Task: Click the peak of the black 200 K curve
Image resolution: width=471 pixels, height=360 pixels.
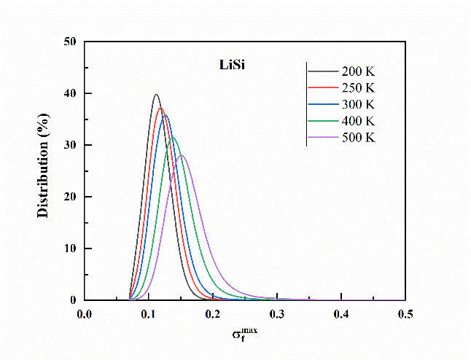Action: [156, 95]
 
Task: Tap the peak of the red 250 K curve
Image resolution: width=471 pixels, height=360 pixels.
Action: [160, 108]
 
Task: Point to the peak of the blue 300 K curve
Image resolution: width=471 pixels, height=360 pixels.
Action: [165, 115]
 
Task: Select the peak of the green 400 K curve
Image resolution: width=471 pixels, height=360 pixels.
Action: [173, 137]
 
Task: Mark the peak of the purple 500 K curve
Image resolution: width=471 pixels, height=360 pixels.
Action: [182, 154]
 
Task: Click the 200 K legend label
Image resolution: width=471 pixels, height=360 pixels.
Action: [358, 71]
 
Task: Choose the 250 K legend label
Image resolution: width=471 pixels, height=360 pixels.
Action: [358, 88]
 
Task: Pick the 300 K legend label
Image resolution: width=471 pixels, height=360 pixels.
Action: [358, 104]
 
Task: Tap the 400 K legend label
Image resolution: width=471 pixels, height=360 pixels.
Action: [358, 120]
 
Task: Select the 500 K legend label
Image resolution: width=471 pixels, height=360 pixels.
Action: [358, 137]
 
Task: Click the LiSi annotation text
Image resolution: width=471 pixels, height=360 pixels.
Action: [216, 66]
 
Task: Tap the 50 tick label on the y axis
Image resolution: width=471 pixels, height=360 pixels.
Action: [71, 42]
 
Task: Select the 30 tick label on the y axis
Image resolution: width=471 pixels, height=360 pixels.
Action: [71, 145]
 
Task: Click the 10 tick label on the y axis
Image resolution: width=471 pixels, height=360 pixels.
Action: [71, 249]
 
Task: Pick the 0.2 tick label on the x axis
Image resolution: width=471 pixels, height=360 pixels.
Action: [213, 314]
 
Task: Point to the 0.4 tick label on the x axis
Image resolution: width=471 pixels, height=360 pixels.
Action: [341, 314]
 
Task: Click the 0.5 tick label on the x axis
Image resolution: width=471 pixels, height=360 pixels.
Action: [405, 314]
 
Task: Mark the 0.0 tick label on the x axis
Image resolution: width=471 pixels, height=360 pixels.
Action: [85, 314]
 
